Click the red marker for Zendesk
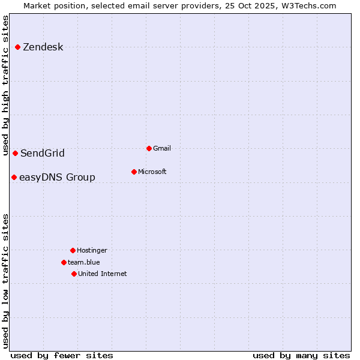[18, 47]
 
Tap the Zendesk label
[43, 47]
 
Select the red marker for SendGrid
[16, 153]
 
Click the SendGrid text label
[42, 154]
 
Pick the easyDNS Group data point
[14, 177]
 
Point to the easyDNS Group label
[57, 178]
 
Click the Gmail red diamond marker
[149, 148]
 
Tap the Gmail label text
[162, 148]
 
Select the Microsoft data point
[134, 172]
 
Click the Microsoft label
[152, 172]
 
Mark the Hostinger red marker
[73, 250]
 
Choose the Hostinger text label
[92, 250]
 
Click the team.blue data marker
[64, 262]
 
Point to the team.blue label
[84, 262]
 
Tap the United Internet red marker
[74, 274]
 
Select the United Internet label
[103, 274]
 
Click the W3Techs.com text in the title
[308, 5]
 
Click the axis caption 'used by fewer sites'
[62, 355]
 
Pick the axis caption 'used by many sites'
[301, 355]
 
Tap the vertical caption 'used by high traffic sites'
[5, 85]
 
